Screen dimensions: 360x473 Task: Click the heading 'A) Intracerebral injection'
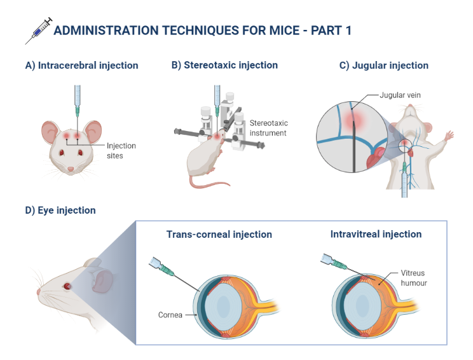pyautogui.click(x=81, y=65)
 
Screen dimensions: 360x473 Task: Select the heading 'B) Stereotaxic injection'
pyautogui.click(x=224, y=65)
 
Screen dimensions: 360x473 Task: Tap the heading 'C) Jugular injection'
pyautogui.click(x=383, y=65)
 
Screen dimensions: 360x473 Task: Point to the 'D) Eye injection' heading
pyautogui.click(x=60, y=210)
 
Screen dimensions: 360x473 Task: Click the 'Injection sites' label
pyautogui.click(x=121, y=150)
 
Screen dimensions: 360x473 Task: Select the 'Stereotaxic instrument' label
pyautogui.click(x=269, y=127)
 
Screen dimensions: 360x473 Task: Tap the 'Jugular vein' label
pyautogui.click(x=400, y=95)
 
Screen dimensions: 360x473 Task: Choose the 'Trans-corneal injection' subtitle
pyautogui.click(x=219, y=235)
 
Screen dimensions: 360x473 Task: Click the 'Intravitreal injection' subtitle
pyautogui.click(x=376, y=235)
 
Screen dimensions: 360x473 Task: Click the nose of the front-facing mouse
pyautogui.click(x=71, y=170)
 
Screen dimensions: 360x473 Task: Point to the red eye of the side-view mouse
pyautogui.click(x=66, y=286)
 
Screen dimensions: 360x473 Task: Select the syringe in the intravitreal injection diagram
pyautogui.click(x=334, y=262)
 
